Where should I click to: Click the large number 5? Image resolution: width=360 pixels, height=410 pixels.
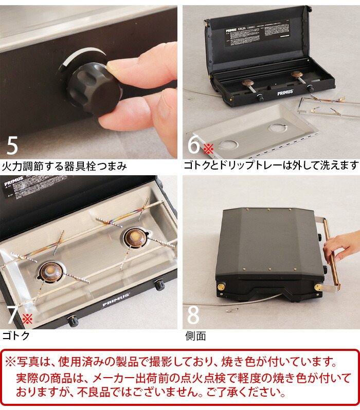click(x=12, y=145)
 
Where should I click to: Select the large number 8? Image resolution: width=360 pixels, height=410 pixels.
click(x=193, y=315)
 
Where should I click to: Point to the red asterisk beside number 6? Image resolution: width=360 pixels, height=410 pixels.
click(x=207, y=149)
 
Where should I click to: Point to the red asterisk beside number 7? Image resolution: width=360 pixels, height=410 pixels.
click(x=27, y=319)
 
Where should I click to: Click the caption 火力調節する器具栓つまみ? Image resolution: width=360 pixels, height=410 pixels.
click(x=64, y=166)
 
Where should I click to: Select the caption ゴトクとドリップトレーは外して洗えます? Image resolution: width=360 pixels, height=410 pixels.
click(x=271, y=165)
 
